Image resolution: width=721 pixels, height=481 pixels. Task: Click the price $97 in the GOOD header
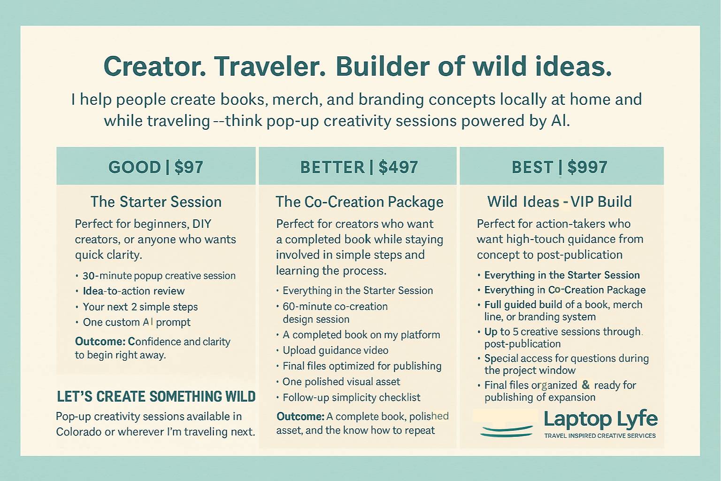point(189,167)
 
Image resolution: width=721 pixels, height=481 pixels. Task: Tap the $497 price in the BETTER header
point(399,167)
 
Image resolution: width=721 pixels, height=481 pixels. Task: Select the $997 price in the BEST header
point(587,167)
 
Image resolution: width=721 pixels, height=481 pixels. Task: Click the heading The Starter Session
point(156,202)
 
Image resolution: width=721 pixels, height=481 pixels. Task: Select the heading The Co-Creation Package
point(360,202)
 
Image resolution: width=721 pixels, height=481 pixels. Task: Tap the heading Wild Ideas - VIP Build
point(560,202)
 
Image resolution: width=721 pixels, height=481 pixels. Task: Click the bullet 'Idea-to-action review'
point(134,291)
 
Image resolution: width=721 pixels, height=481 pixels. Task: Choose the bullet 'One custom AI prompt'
point(137,322)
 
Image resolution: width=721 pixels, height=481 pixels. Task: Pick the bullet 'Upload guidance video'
point(336,350)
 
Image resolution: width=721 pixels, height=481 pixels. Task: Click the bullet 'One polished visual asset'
point(341,382)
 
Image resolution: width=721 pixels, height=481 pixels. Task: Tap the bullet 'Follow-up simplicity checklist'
point(352,397)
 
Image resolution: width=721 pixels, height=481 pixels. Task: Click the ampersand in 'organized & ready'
point(586,385)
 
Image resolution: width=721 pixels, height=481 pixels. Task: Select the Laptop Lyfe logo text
point(601,419)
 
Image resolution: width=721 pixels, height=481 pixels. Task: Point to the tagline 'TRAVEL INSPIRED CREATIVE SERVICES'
point(600,436)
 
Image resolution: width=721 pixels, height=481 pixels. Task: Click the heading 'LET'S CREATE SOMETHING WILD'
point(156,396)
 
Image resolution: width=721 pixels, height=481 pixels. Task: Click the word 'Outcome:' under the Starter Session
point(100,341)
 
